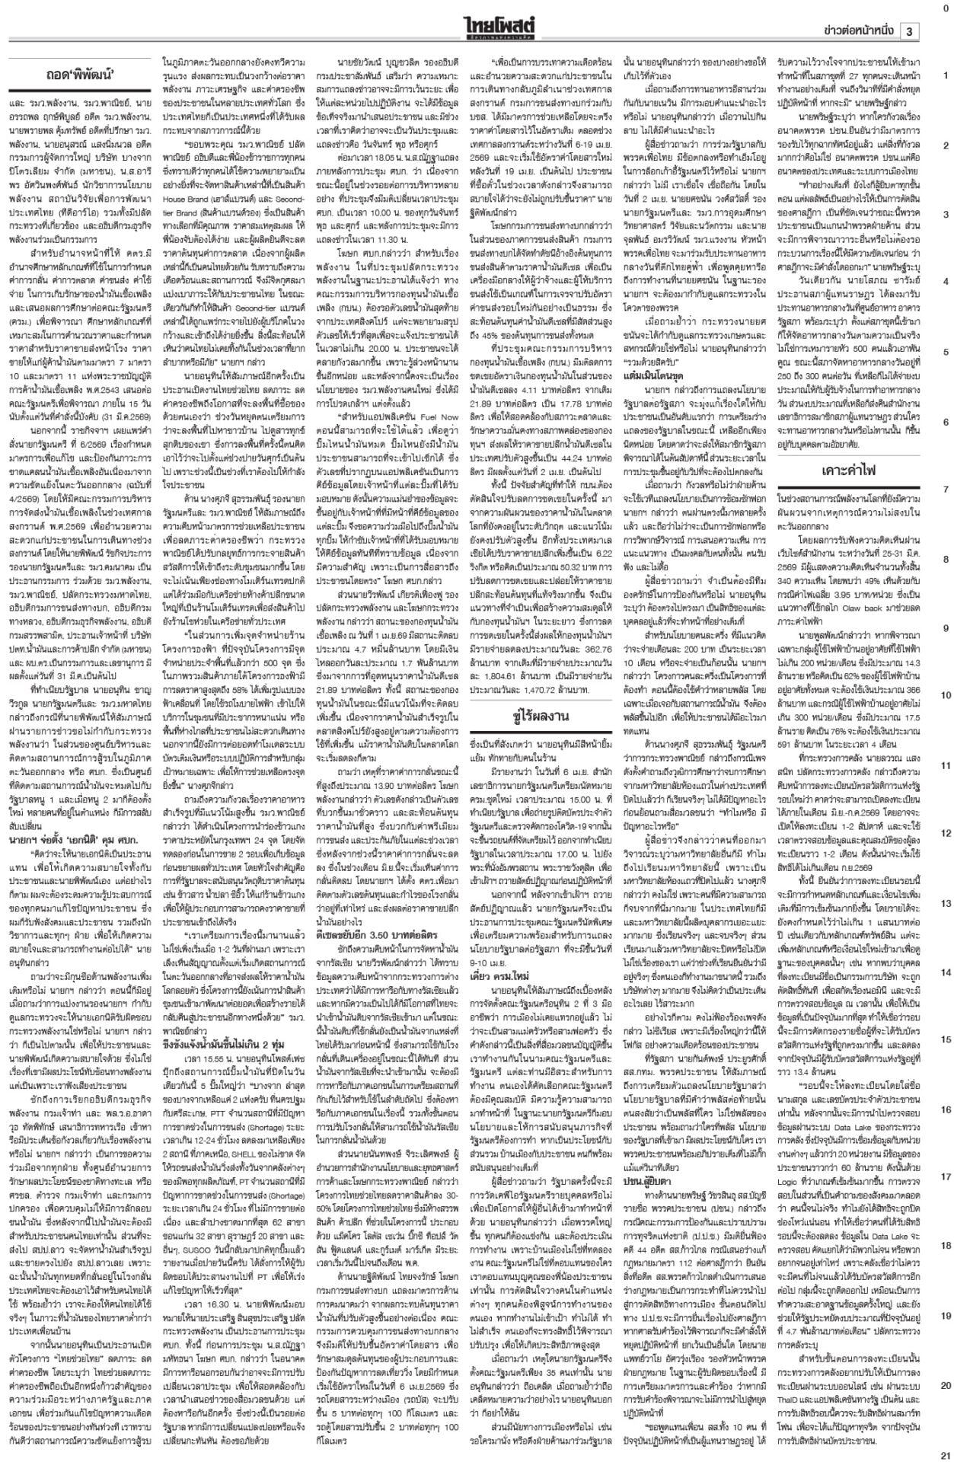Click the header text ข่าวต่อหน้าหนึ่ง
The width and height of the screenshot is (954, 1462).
(x=860, y=31)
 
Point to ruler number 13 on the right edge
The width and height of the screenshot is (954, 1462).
(x=945, y=903)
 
